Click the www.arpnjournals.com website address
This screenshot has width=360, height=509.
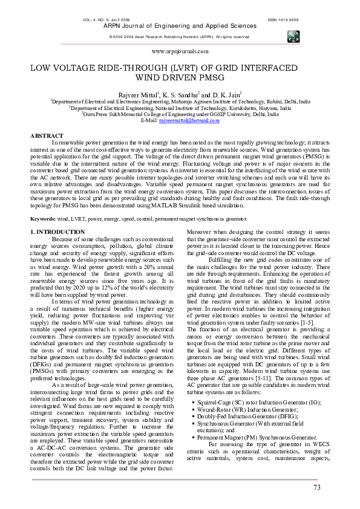179,53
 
